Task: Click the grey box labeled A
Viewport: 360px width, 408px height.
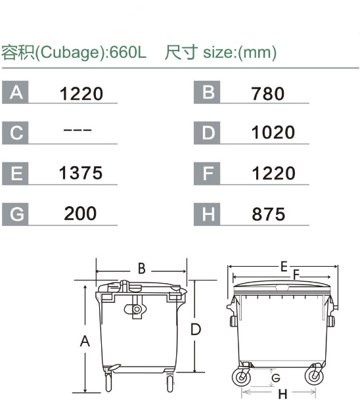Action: (x=15, y=93)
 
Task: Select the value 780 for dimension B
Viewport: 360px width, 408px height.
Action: (x=267, y=94)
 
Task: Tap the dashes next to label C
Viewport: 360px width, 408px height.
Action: (x=78, y=129)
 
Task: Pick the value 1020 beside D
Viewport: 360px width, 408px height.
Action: (x=273, y=132)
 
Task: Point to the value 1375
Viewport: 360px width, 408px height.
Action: (x=81, y=173)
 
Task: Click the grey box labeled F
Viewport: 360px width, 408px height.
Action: (x=207, y=173)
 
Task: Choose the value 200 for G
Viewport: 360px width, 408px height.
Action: (x=80, y=214)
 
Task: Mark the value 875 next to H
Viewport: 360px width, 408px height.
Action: (x=269, y=214)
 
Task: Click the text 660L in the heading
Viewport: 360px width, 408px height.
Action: (x=128, y=53)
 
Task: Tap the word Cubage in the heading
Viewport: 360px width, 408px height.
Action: (x=69, y=53)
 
